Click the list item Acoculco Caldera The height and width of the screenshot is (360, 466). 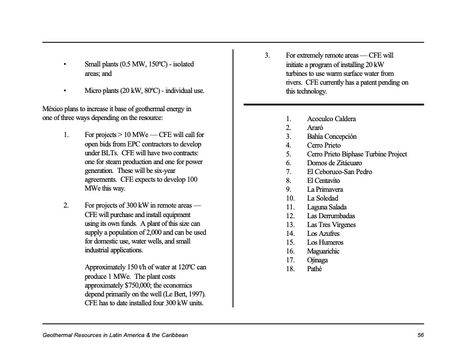coord(331,119)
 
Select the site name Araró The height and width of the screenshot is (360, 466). coord(315,128)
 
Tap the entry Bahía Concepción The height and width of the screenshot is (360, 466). coord(332,136)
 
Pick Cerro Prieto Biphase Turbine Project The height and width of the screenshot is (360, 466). coord(357,154)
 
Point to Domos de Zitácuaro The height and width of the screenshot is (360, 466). coord(334,163)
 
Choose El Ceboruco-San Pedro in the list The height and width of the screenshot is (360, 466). coord(339,172)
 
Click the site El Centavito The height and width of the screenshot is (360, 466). coord(325,181)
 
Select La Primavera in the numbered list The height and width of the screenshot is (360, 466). coord(325,189)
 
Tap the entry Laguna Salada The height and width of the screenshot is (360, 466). coord(327,207)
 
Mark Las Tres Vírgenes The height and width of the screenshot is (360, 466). coord(332,225)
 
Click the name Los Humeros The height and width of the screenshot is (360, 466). coord(325,242)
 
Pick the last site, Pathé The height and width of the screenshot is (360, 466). coord(315,269)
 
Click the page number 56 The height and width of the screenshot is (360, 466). coord(420,335)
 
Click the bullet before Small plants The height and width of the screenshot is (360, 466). coord(65,64)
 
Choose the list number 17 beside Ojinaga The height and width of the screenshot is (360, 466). coord(289,260)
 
